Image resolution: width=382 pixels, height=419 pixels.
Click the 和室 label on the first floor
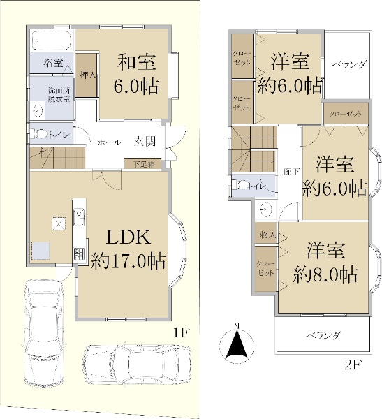136,63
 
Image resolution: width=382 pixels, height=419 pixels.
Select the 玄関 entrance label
145,142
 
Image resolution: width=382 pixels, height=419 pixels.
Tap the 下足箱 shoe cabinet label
144,163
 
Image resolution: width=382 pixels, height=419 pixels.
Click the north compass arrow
237,341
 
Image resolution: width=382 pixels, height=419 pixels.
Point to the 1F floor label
182,333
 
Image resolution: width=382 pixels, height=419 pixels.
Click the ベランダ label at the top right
348,64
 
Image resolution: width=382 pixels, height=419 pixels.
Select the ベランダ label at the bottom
322,336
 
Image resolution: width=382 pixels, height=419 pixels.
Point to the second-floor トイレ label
256,186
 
